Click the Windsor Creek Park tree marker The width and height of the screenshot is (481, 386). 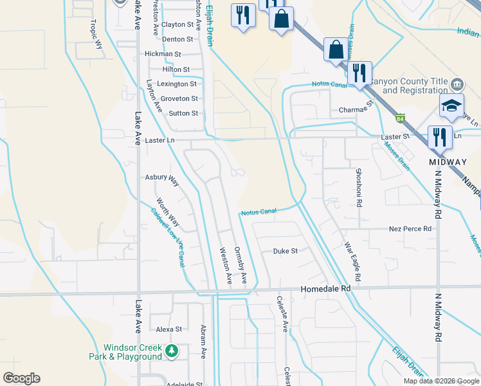[x=171, y=351]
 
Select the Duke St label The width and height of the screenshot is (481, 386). [x=286, y=251]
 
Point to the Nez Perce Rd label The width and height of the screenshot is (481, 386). [x=410, y=229]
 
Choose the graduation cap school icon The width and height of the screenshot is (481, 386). [x=452, y=106]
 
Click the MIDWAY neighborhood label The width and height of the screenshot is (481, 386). [x=448, y=161]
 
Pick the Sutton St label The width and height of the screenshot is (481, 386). [x=183, y=113]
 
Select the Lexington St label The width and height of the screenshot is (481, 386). [x=177, y=84]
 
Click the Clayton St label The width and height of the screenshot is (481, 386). [x=177, y=24]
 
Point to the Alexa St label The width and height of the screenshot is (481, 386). [x=169, y=329]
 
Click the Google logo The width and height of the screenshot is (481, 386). [x=21, y=378]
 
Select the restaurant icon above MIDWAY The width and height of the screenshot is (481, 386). [x=440, y=137]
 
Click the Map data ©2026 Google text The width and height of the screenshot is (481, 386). [x=440, y=381]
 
